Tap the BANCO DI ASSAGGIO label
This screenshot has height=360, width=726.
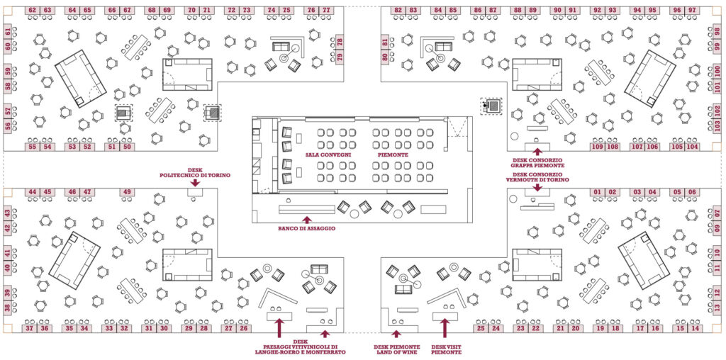(306, 229)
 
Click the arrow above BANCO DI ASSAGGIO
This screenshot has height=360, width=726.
(306, 220)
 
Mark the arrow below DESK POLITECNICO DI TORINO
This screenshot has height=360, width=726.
(194, 183)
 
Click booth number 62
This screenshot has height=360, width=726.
(33, 11)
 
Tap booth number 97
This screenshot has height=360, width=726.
(692, 11)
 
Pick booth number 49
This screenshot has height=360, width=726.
(127, 192)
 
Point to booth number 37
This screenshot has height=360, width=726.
(30, 328)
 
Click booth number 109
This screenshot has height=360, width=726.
(597, 147)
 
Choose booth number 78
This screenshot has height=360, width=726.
(340, 41)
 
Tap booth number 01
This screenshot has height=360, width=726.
(597, 192)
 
